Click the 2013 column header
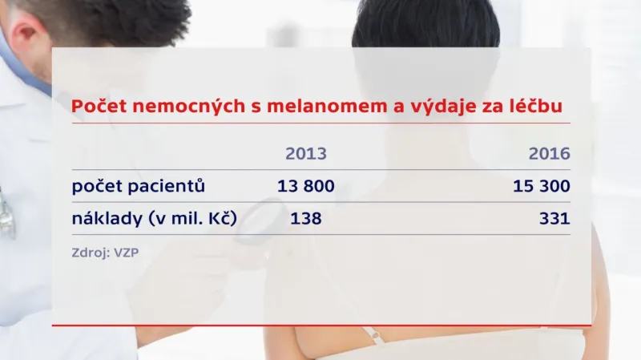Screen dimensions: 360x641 point(306,154)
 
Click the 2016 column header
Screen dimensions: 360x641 point(549,154)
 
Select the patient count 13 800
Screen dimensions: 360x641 point(305,187)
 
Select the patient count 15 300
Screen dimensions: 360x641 point(542,187)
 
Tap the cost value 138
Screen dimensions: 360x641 point(305,217)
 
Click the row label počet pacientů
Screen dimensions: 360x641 point(139,187)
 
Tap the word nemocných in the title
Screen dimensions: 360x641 point(187,106)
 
